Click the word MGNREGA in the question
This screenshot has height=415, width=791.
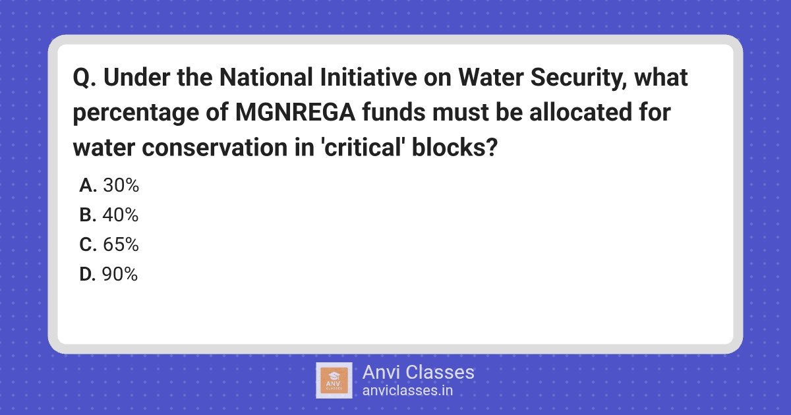click(x=295, y=112)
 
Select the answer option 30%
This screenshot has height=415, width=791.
click(x=121, y=185)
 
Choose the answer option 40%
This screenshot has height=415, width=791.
click(x=121, y=215)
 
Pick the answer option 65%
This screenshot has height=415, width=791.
click(x=121, y=244)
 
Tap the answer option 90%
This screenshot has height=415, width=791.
click(x=120, y=274)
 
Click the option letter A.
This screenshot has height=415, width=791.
click(x=88, y=185)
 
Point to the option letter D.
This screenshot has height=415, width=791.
click(x=88, y=274)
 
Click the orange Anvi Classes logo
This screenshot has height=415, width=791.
click(x=334, y=381)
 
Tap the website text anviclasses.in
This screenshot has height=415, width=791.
click(x=407, y=391)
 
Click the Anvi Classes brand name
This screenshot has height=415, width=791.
click(x=419, y=372)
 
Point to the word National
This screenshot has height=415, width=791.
click(x=266, y=77)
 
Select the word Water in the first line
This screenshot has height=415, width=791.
click(x=491, y=77)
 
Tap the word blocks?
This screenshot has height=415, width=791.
click(x=455, y=147)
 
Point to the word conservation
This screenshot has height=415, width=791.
click(x=215, y=148)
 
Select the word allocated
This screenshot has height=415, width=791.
click(x=581, y=112)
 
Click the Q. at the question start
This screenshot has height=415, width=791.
click(x=85, y=78)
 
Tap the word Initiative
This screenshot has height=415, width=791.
click(x=368, y=77)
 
